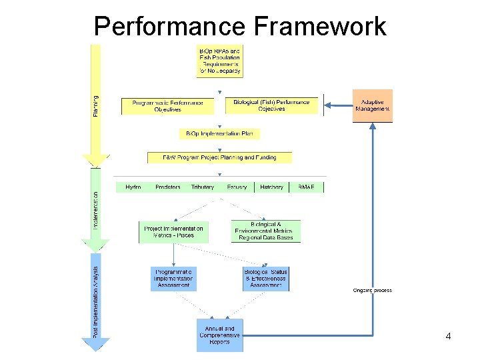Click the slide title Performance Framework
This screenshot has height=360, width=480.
240,26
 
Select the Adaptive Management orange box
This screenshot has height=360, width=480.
372,105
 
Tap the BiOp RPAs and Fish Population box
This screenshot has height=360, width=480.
219,61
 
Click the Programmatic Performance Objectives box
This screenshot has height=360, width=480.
167,106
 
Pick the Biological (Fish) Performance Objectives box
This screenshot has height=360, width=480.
271,106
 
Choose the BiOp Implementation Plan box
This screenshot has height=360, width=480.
219,134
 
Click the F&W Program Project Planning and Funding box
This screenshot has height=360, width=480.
219,158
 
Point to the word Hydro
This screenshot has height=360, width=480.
133,187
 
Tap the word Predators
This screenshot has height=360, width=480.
167,187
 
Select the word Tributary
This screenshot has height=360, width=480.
202,187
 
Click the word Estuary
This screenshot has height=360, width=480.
237,187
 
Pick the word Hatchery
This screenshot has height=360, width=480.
271,187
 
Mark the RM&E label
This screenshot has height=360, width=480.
307,187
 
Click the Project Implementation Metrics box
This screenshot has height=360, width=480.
173,231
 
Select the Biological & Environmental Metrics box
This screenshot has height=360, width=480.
266,231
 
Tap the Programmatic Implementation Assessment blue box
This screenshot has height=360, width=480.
173,279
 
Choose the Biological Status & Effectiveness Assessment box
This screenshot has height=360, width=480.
266,279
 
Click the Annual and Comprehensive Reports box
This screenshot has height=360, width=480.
219,335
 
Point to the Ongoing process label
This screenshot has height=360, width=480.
372,290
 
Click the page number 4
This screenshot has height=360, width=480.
448,337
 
